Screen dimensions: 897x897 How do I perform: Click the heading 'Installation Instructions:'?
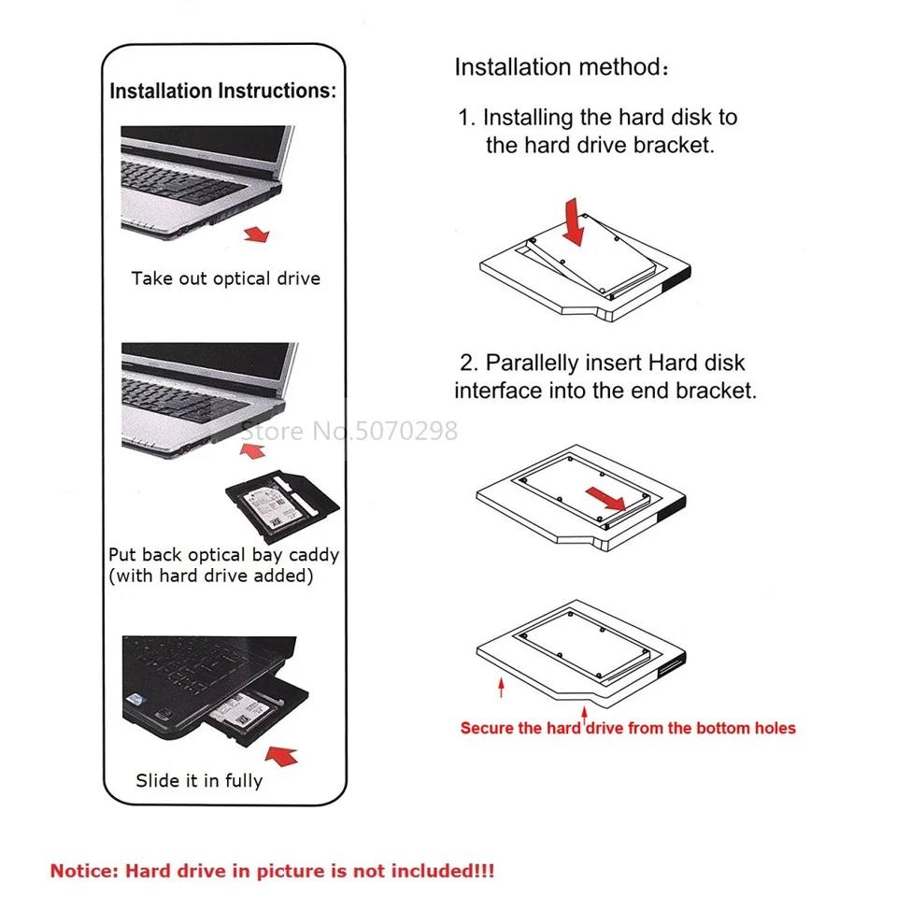point(222,92)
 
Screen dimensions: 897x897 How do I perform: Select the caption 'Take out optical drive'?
point(225,278)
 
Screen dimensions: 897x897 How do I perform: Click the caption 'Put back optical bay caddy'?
point(223,554)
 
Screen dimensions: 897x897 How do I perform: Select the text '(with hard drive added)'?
point(210,576)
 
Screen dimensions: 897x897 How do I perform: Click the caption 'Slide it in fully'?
point(199,780)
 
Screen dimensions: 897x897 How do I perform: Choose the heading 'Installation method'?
point(556,67)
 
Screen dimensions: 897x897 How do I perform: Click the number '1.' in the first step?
point(467,118)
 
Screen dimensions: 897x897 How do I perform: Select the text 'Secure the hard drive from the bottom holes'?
point(628,728)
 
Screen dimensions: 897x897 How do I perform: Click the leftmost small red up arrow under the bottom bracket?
point(502,689)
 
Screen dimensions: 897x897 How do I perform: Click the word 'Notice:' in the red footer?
point(84,871)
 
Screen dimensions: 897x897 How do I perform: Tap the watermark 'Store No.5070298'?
point(349,431)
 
